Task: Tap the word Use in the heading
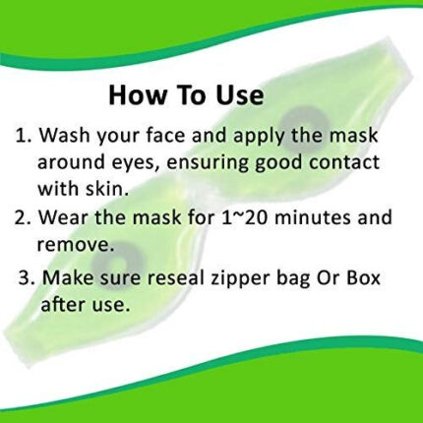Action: (239, 94)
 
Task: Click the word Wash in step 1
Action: (65, 135)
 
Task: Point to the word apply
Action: (260, 137)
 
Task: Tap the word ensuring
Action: (209, 163)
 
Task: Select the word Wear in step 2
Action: (64, 216)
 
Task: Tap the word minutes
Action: (313, 216)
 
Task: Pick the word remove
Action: (76, 244)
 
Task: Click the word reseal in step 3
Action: (172, 277)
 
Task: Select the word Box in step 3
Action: (363, 277)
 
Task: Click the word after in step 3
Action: (62, 304)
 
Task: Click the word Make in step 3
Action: (69, 277)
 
